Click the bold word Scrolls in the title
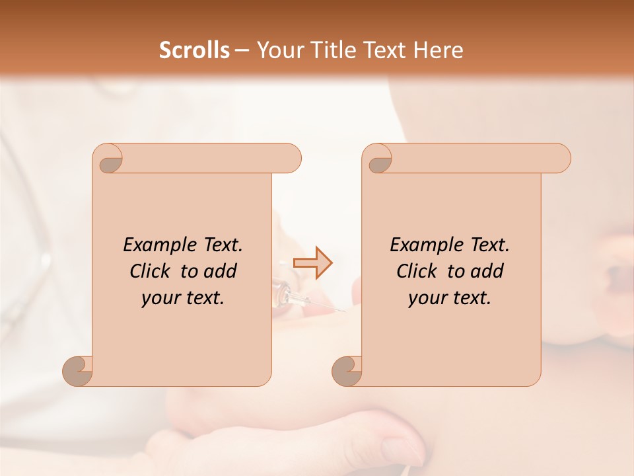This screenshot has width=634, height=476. pyautogui.click(x=195, y=50)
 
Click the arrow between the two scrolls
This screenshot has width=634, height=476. pyautogui.click(x=313, y=263)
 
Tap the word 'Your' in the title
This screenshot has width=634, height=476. pyautogui.click(x=278, y=50)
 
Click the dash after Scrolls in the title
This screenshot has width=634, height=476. pyautogui.click(x=241, y=51)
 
